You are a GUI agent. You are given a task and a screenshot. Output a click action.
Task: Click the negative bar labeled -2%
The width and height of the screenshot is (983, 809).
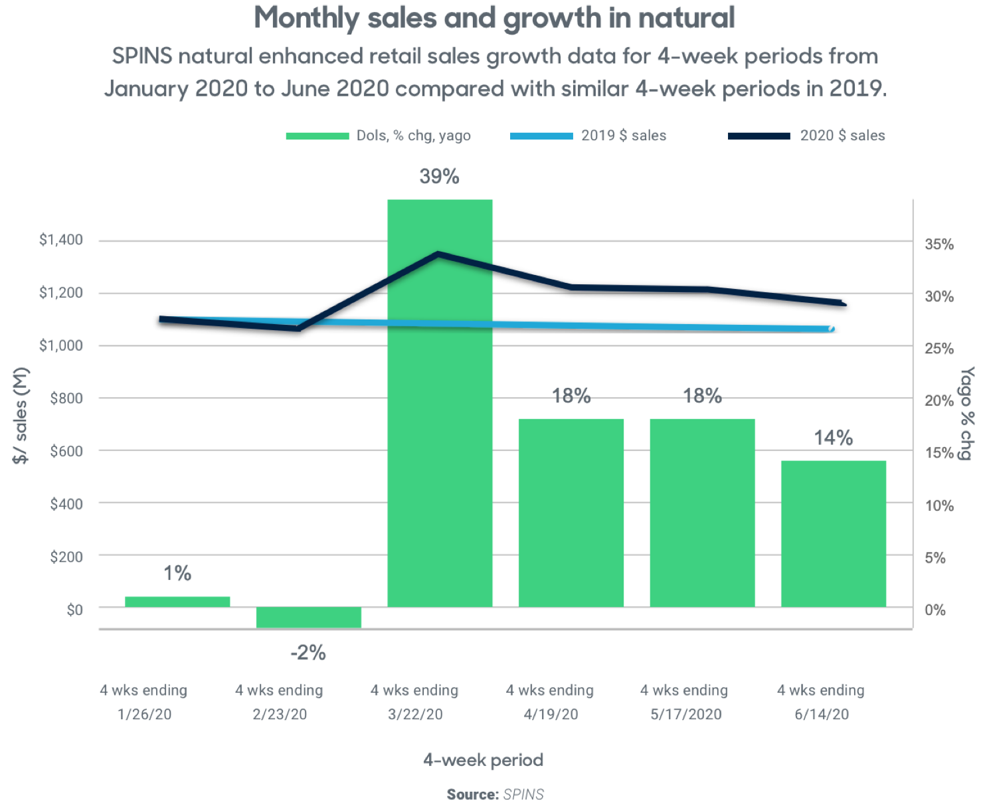coord(308,617)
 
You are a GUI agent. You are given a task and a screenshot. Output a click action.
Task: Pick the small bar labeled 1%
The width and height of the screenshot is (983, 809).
coord(177,602)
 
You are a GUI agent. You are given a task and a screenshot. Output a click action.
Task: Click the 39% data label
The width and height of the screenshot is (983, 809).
coord(439,177)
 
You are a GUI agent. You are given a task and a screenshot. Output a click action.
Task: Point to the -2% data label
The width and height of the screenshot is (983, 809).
coord(308,653)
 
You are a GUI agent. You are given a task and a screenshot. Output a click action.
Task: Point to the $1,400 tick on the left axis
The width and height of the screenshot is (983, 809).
coord(61,240)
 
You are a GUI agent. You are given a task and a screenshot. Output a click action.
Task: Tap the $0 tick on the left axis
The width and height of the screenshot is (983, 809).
coord(74,609)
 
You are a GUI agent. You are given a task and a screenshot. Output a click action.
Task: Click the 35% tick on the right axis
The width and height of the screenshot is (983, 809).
coord(939,244)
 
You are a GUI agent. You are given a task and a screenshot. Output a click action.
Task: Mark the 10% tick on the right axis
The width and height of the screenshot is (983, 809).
coord(939,505)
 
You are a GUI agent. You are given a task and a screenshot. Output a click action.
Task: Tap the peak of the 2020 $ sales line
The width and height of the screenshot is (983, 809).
coord(438,254)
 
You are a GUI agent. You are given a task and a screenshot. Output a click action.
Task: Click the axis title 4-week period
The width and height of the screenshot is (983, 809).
coord(483,760)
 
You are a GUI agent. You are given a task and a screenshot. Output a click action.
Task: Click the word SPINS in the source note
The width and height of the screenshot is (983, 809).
coord(523,794)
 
